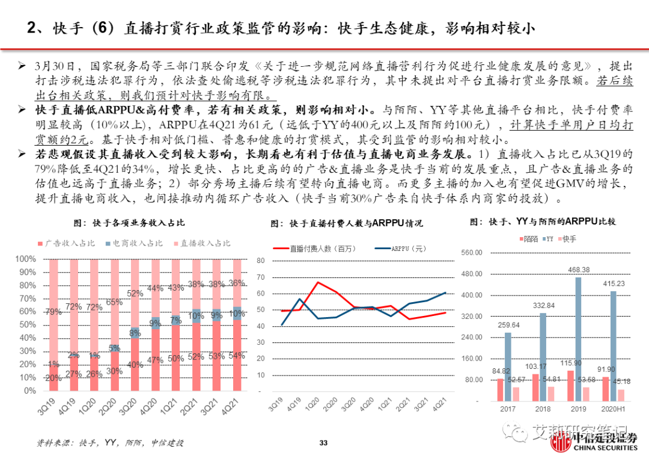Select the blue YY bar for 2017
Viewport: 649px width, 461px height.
pos(508,367)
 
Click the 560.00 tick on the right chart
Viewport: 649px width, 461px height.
pos(472,253)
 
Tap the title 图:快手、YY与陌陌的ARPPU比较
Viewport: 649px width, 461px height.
pos(550,221)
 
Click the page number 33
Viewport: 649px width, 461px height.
pos(323,444)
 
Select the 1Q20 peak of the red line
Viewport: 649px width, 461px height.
pos(317,282)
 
